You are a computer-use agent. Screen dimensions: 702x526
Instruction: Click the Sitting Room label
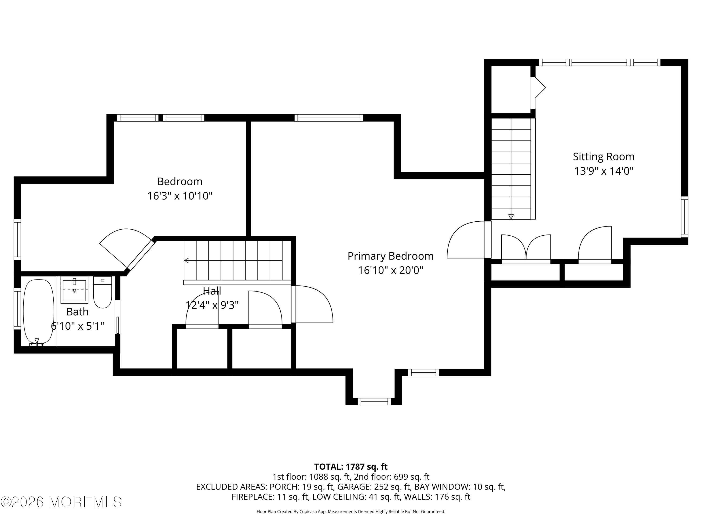[x=604, y=157]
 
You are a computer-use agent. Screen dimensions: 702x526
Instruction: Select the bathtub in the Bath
[x=39, y=312]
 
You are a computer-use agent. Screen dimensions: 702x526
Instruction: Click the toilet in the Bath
[x=102, y=292]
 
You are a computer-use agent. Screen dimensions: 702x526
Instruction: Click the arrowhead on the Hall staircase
[x=186, y=261]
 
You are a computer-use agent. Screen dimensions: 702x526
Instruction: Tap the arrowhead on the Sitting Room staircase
[x=511, y=216]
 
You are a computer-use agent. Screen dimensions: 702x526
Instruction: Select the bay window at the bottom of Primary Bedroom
[x=374, y=401]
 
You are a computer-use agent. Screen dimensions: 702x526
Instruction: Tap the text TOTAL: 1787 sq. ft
[x=351, y=467]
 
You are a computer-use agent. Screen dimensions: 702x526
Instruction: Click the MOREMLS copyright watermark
[x=61, y=502]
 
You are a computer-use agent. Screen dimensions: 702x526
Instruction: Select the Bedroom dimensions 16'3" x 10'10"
[x=180, y=196]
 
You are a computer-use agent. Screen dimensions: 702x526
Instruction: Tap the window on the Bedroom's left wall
[x=18, y=239]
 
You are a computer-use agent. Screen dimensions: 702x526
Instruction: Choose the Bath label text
[x=77, y=312]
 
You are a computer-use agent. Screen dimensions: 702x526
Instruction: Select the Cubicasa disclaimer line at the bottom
[x=351, y=512]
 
